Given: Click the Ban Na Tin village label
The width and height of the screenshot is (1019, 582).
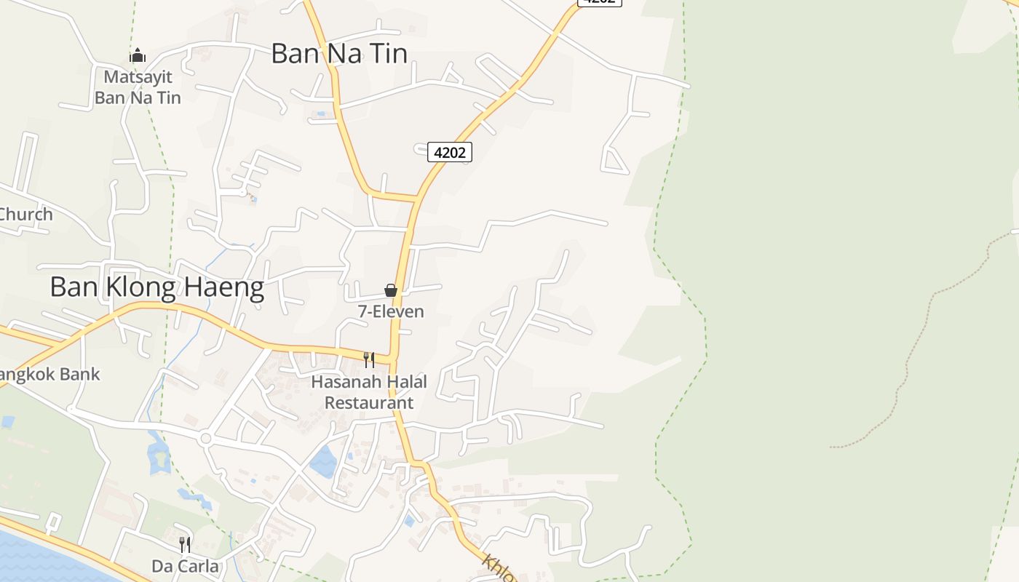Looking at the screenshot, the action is pos(338,53).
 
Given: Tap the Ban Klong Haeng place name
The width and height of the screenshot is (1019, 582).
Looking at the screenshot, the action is pos(156,287).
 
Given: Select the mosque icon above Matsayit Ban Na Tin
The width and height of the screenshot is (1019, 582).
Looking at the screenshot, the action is pos(138,55).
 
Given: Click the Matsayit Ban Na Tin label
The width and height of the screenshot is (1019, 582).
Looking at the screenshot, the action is pos(138,87).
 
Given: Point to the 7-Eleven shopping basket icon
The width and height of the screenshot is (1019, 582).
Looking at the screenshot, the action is pos(391,290).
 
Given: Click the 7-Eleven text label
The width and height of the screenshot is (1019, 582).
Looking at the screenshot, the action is pos(391,311).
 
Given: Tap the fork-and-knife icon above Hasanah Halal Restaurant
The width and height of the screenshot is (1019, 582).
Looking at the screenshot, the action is pos(369,359).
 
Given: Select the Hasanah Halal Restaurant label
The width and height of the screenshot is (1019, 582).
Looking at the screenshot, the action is pos(369,392).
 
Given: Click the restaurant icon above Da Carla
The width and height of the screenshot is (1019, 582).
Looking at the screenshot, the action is pos(185,545).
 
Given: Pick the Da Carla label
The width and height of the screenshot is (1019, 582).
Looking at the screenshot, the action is pos(185,566).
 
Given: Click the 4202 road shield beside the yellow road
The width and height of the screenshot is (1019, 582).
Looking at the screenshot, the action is pos(449,152).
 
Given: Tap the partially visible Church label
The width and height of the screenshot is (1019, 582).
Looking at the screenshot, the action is pos(26,214).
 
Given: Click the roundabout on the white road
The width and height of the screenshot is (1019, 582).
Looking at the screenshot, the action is pos(205,439).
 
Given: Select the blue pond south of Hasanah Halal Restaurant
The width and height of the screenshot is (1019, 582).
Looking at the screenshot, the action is pos(323,461).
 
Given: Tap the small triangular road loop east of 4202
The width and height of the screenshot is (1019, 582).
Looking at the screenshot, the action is pos(615,162).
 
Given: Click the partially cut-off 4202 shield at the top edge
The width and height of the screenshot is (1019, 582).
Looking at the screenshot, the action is pos(600,2).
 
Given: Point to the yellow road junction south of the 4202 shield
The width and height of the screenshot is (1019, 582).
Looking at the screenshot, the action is pos(416,197).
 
